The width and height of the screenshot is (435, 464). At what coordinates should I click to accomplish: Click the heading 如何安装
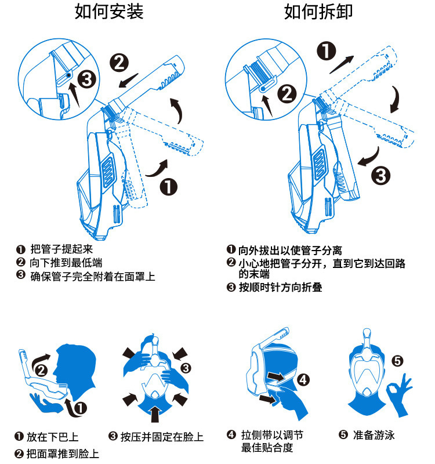point(109,12)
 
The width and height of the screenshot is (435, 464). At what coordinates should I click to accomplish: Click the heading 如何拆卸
point(318,12)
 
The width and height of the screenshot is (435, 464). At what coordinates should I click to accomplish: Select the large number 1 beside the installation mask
point(168,187)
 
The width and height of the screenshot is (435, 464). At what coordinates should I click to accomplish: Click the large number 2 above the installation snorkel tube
point(119,61)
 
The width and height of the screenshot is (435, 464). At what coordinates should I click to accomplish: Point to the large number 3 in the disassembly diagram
point(380,175)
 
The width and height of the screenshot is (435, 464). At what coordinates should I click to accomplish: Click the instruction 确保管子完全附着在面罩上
point(93,276)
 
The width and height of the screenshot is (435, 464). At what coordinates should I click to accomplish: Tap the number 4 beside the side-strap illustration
point(304,380)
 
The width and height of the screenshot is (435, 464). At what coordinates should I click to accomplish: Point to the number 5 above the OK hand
point(397,361)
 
